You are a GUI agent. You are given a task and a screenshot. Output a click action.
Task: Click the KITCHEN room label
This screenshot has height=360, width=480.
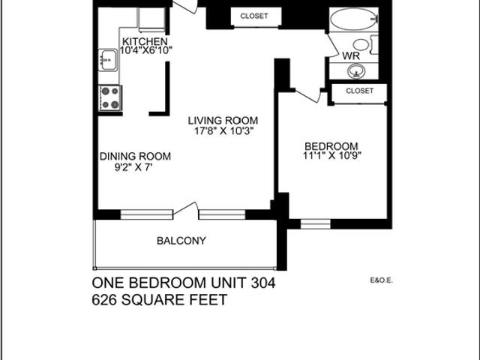(144, 41)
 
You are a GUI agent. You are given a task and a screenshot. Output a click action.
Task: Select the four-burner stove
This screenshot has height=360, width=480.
(110, 97)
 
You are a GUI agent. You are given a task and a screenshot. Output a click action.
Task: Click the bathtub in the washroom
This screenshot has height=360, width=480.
(353, 19)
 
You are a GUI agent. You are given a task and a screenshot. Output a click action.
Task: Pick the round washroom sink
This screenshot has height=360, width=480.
(356, 71)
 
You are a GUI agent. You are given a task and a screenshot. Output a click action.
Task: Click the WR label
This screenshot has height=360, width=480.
(350, 56)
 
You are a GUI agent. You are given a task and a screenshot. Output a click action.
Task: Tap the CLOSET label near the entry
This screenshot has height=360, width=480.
(255, 16)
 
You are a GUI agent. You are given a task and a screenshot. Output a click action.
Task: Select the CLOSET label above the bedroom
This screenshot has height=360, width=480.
(360, 91)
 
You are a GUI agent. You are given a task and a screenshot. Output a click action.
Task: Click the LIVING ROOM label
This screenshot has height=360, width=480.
(223, 120)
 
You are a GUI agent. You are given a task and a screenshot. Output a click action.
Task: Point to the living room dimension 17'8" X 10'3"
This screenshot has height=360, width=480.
(223, 130)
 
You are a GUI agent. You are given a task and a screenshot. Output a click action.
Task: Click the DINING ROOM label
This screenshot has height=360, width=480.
(135, 156)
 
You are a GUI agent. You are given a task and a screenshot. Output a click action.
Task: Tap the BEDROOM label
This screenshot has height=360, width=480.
(331, 145)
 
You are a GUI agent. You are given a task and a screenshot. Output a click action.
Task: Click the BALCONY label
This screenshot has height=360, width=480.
(181, 241)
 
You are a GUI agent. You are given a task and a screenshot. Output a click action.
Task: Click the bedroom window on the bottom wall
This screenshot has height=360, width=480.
(315, 223)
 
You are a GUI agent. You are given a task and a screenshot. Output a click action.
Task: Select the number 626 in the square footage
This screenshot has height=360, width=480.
(105, 299)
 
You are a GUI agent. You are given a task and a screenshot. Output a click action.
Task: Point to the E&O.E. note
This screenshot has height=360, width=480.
(382, 281)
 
